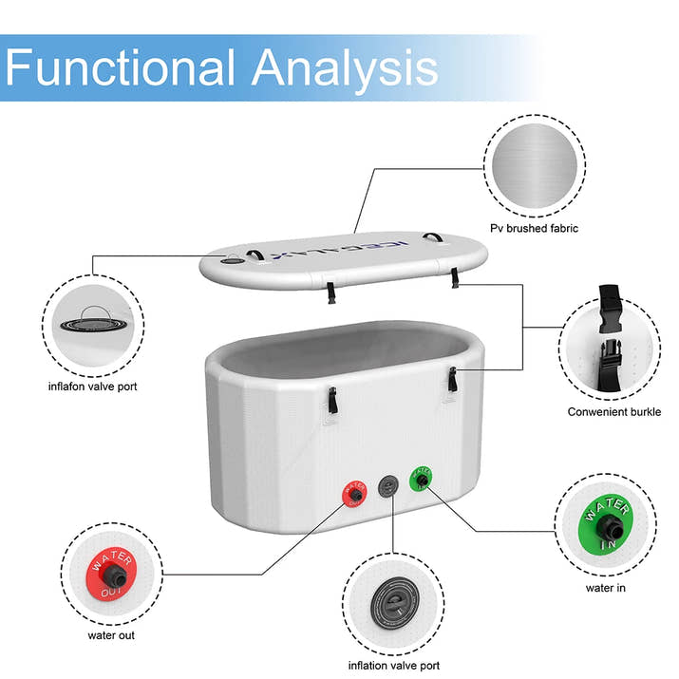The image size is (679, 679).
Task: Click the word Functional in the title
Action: point(121,67)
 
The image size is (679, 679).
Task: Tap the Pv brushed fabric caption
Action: point(534,228)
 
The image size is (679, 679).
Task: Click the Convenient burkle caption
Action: point(614,412)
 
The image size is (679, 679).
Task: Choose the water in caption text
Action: point(605,588)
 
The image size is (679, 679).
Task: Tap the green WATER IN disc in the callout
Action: point(602,523)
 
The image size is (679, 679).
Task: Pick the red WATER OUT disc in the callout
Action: point(110,573)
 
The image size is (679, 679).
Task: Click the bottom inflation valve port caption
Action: point(394,666)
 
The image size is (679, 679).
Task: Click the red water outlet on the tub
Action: point(354,494)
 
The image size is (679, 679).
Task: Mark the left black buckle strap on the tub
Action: point(332,401)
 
